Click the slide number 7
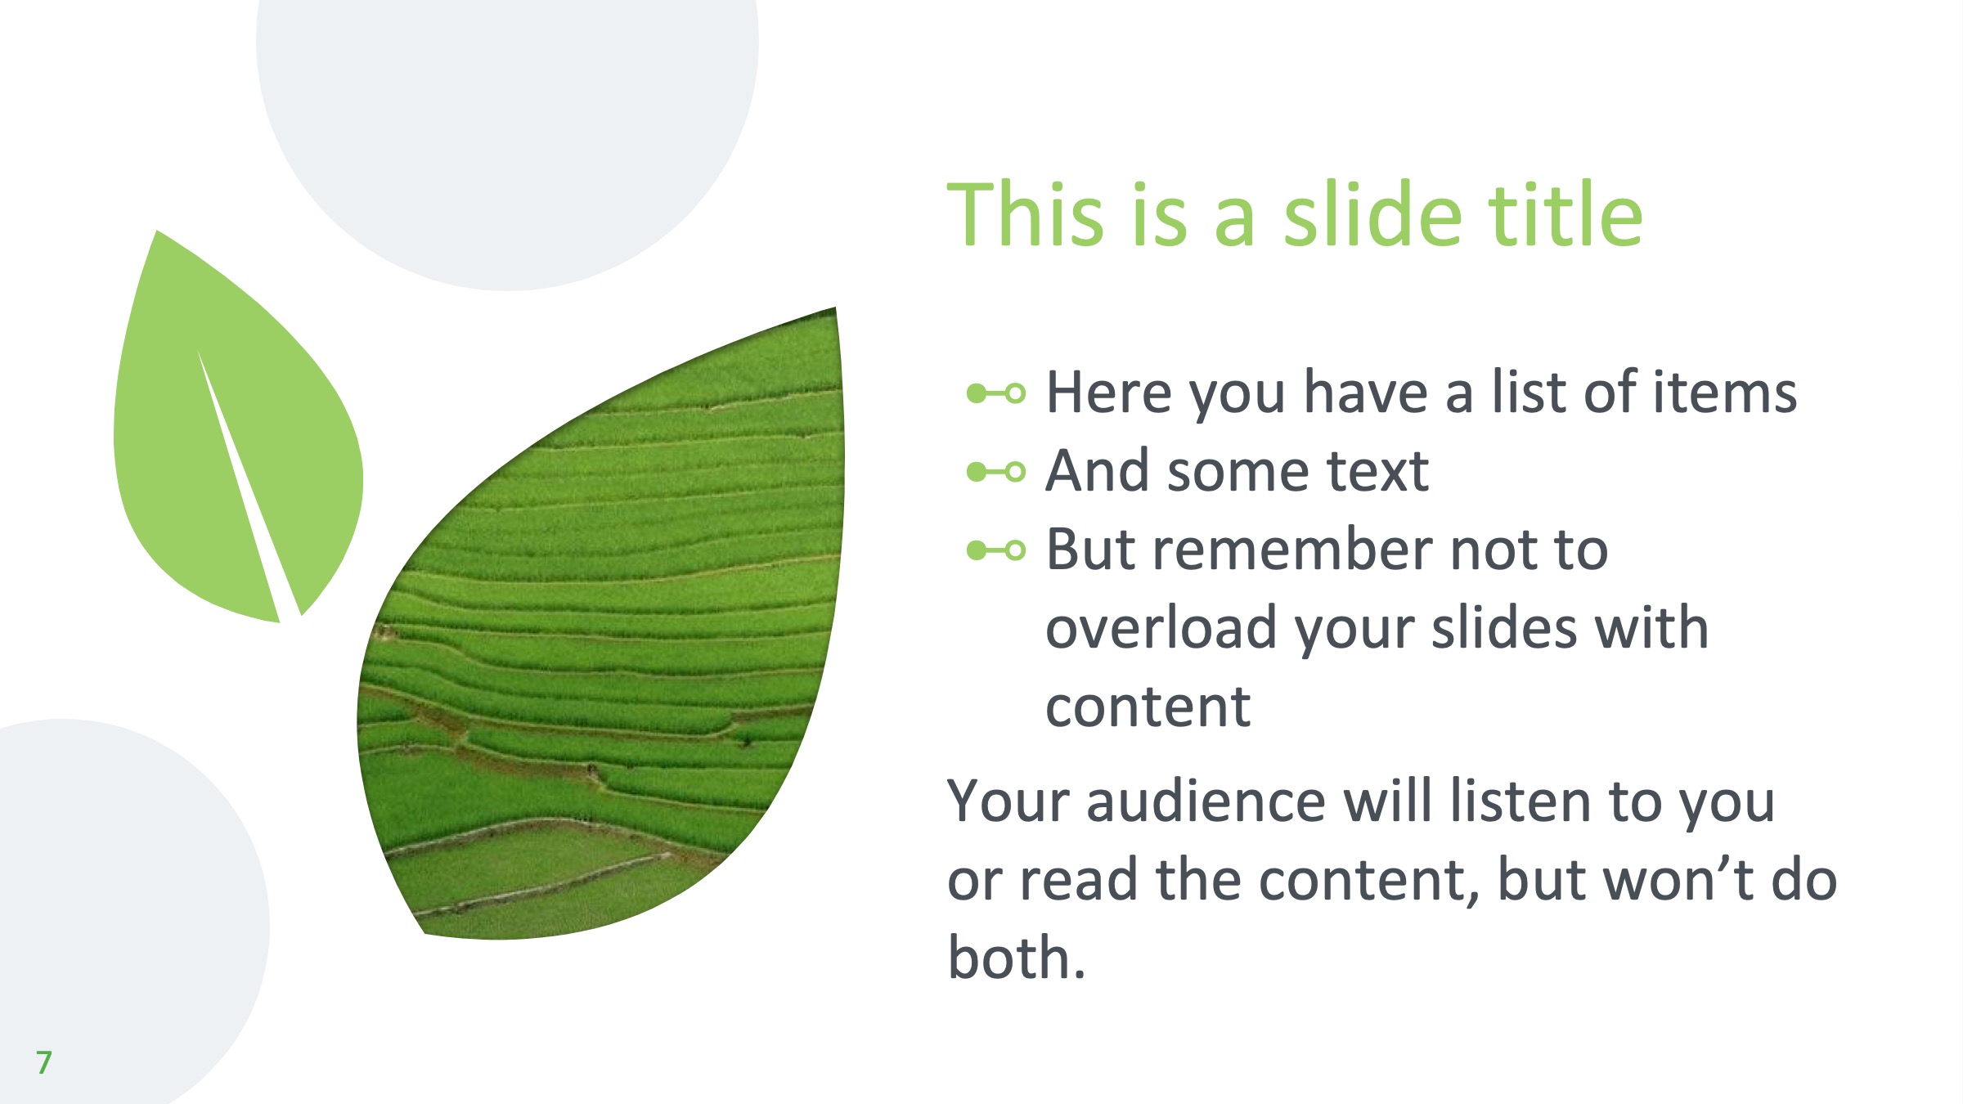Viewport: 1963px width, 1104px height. tap(44, 1062)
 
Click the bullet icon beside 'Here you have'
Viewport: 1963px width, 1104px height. tap(995, 394)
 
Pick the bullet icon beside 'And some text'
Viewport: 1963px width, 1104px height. tap(995, 472)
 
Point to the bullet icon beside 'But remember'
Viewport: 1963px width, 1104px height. tap(995, 550)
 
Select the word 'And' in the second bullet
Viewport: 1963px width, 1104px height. tap(1098, 471)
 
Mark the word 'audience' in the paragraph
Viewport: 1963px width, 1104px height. tap(1206, 801)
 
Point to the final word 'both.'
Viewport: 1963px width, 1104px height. tap(1017, 957)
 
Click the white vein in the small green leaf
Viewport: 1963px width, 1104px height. tap(248, 482)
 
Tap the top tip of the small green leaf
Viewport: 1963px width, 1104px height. tap(156, 231)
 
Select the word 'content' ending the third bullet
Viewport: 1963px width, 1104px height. tap(1148, 707)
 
